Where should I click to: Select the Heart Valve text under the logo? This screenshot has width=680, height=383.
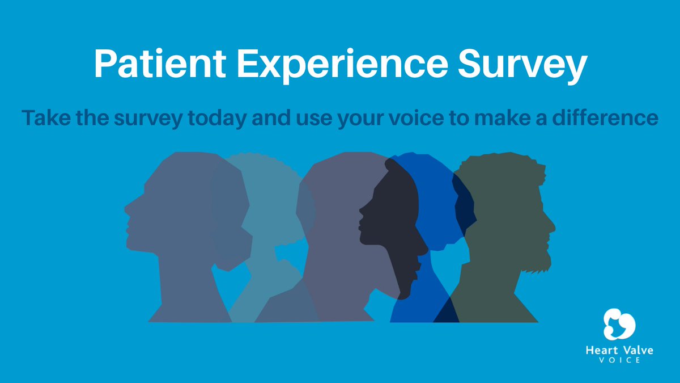(619, 350)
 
